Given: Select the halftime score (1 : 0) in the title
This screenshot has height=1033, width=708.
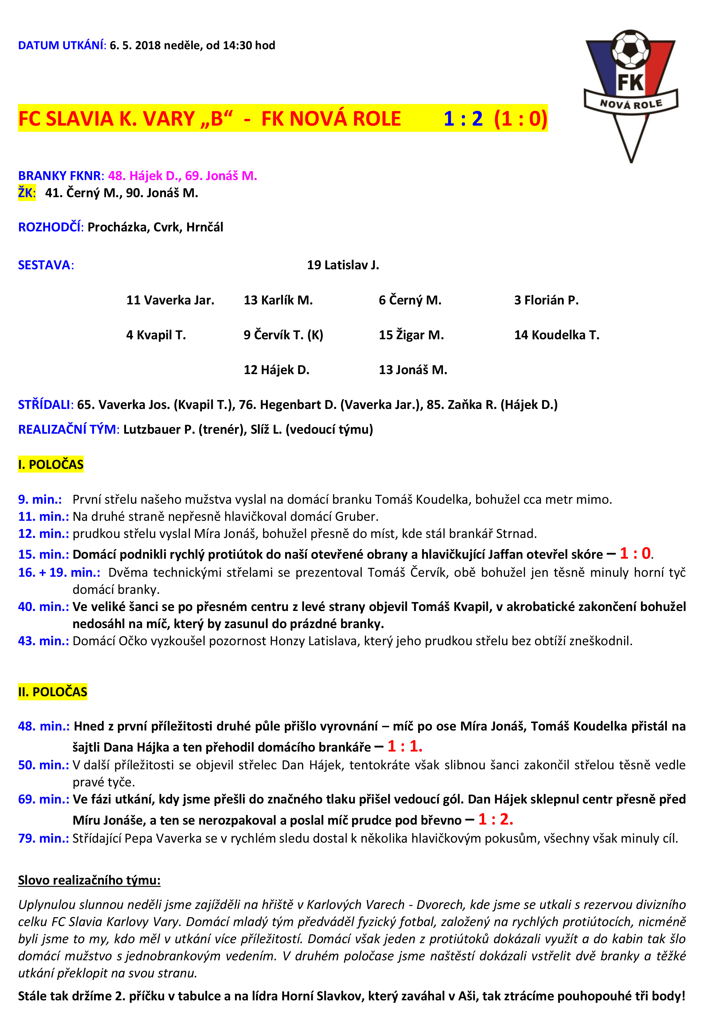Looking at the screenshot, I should pos(520,119).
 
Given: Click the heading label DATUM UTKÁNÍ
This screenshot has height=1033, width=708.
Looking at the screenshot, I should pos(61,45).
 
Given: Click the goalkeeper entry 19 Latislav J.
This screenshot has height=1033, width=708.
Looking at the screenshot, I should pos(343,265).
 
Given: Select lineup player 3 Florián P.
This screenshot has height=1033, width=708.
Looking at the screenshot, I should pos(546,300).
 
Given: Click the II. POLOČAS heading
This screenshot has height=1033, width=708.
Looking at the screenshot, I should pos(53,692).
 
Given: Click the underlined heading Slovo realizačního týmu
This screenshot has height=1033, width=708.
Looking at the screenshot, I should pos(89,880).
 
